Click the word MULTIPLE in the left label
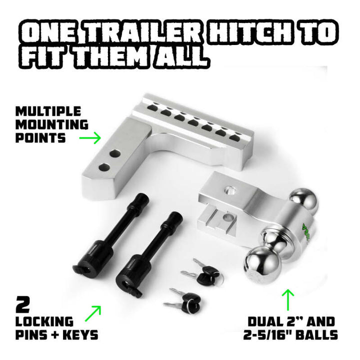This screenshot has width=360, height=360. tap(48, 111)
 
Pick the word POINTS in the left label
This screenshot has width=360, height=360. tap(40, 137)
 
